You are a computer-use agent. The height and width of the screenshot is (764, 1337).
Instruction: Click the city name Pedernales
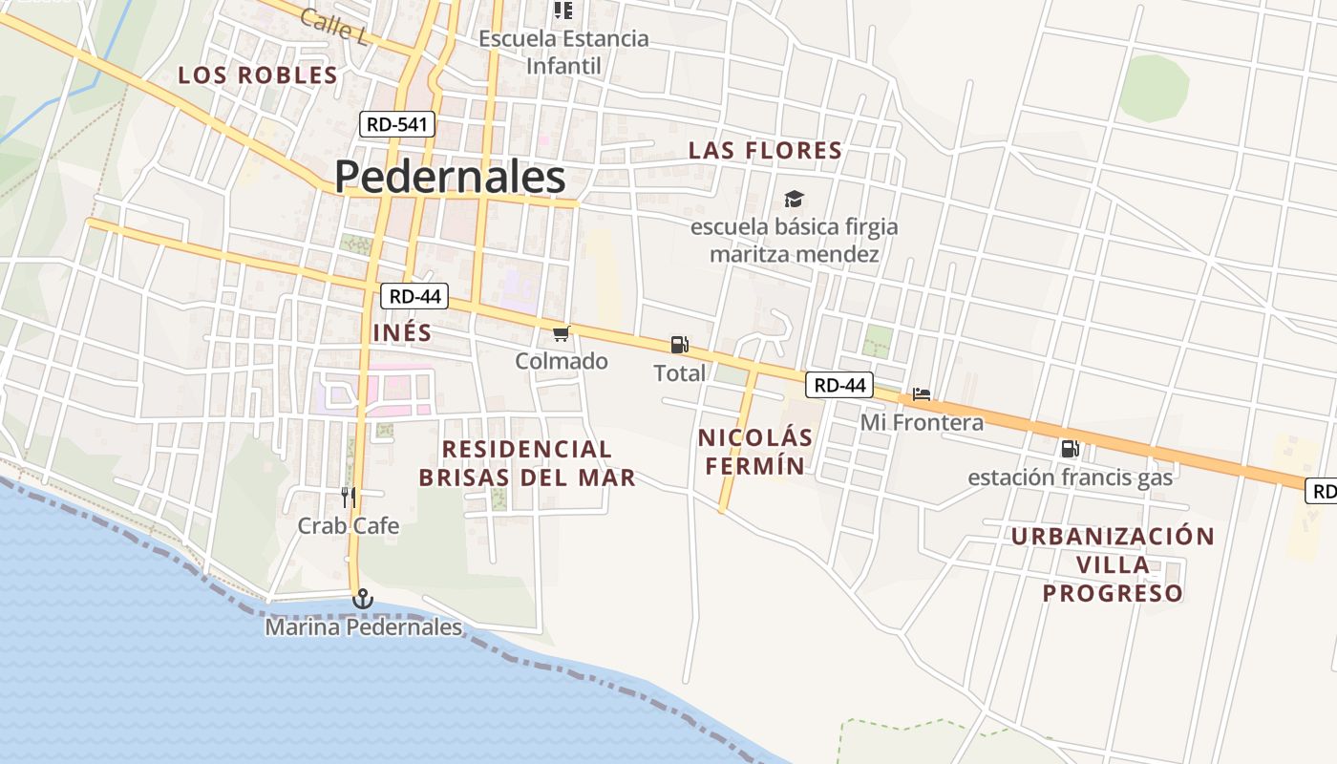coord(450,178)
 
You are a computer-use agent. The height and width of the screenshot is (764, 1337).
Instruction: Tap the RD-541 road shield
coord(397,124)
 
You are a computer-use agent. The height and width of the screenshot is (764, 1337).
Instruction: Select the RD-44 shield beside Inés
coord(415,296)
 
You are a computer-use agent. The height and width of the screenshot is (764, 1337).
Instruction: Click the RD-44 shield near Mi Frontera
coord(840,385)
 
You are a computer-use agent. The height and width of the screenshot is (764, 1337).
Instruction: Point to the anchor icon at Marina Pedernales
coord(362,600)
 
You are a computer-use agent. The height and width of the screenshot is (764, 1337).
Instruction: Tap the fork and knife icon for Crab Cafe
coord(349,497)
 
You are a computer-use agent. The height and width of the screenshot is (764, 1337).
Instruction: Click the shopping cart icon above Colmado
coord(562,333)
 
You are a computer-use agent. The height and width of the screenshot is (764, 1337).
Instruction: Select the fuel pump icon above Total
coord(679,345)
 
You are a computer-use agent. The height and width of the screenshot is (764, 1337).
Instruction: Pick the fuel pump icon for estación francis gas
coord(1070,448)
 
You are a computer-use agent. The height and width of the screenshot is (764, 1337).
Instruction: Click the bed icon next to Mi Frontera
coord(922,393)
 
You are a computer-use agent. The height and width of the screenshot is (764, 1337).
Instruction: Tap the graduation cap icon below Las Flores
coord(794,199)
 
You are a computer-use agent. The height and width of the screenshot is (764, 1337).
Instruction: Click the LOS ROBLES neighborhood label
coord(258,75)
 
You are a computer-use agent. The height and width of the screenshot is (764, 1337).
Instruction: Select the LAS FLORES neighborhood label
coord(765,151)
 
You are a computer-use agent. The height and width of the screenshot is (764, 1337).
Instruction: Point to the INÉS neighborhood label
coord(402,333)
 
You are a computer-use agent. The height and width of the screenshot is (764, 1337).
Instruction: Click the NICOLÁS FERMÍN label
coord(754,452)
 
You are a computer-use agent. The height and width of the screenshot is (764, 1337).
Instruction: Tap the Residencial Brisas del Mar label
coord(527,463)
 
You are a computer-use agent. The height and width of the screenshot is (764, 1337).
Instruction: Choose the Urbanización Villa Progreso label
coord(1113,564)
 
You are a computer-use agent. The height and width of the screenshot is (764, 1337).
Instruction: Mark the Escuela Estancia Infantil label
coord(563,53)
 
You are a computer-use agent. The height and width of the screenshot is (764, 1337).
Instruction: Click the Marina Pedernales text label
coord(363,627)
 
